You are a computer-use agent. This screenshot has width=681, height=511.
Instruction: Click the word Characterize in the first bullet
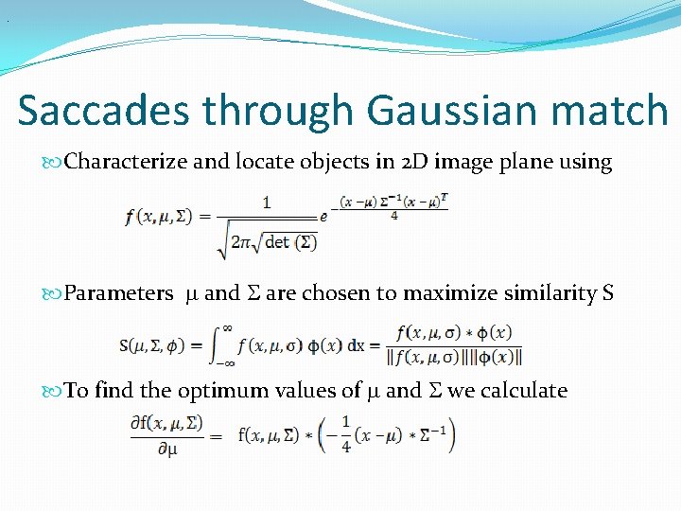coord(126,162)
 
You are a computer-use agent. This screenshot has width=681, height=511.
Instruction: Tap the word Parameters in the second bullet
coord(118,293)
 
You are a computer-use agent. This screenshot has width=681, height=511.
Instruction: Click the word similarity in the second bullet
coord(548,293)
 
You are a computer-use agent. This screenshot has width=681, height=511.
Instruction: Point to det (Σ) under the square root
coord(290,241)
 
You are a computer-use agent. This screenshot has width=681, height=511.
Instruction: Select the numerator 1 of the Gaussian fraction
coord(267,202)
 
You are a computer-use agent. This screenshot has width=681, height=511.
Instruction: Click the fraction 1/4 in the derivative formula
coord(346,436)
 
